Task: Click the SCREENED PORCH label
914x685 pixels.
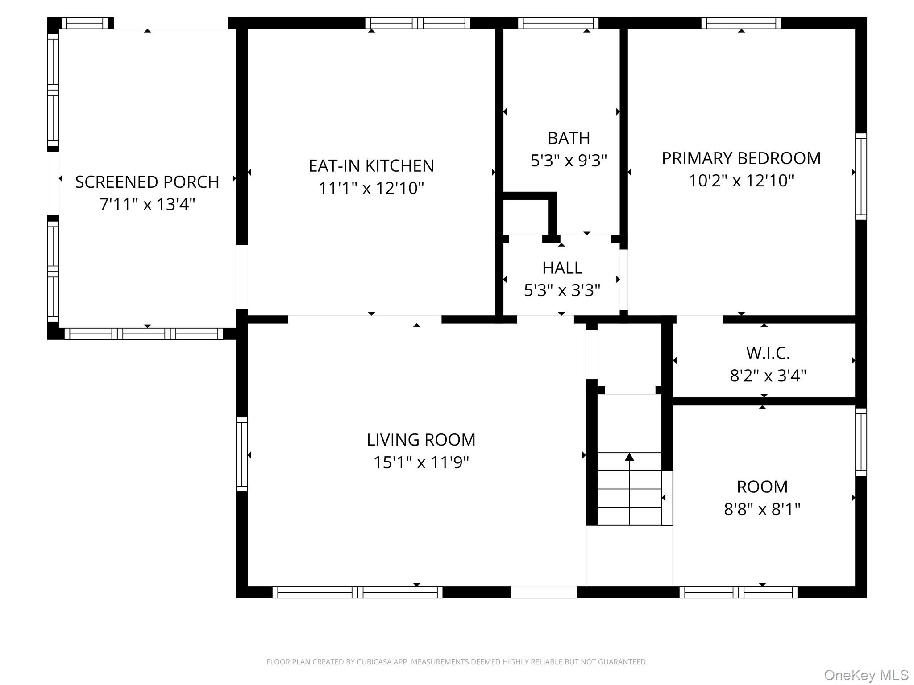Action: pos(147,182)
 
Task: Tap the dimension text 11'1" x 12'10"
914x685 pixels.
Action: pos(371,188)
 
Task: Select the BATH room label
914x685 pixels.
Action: pos(569,138)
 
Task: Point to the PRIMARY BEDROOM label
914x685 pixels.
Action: pos(741,158)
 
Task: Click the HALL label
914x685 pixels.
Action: pos(562,268)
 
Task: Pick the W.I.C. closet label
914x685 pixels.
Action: pos(768,353)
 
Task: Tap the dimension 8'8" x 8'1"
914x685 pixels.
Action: pos(762,509)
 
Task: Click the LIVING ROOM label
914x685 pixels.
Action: pos(421,440)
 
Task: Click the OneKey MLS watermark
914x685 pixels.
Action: pos(866,675)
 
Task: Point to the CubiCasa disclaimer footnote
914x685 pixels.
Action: pos(457,662)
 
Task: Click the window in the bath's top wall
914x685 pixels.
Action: pos(558,23)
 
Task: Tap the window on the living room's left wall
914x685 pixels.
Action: pos(241,454)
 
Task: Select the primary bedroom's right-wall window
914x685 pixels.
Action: pos(861,177)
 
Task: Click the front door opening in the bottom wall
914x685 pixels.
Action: pos(543,592)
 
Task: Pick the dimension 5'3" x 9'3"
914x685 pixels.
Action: pos(569,161)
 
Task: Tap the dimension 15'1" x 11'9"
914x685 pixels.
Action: pos(421,462)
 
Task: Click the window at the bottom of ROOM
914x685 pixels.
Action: pos(738,592)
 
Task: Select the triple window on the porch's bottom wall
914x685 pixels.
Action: pos(144,334)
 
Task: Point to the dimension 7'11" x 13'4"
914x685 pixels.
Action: pos(147,205)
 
